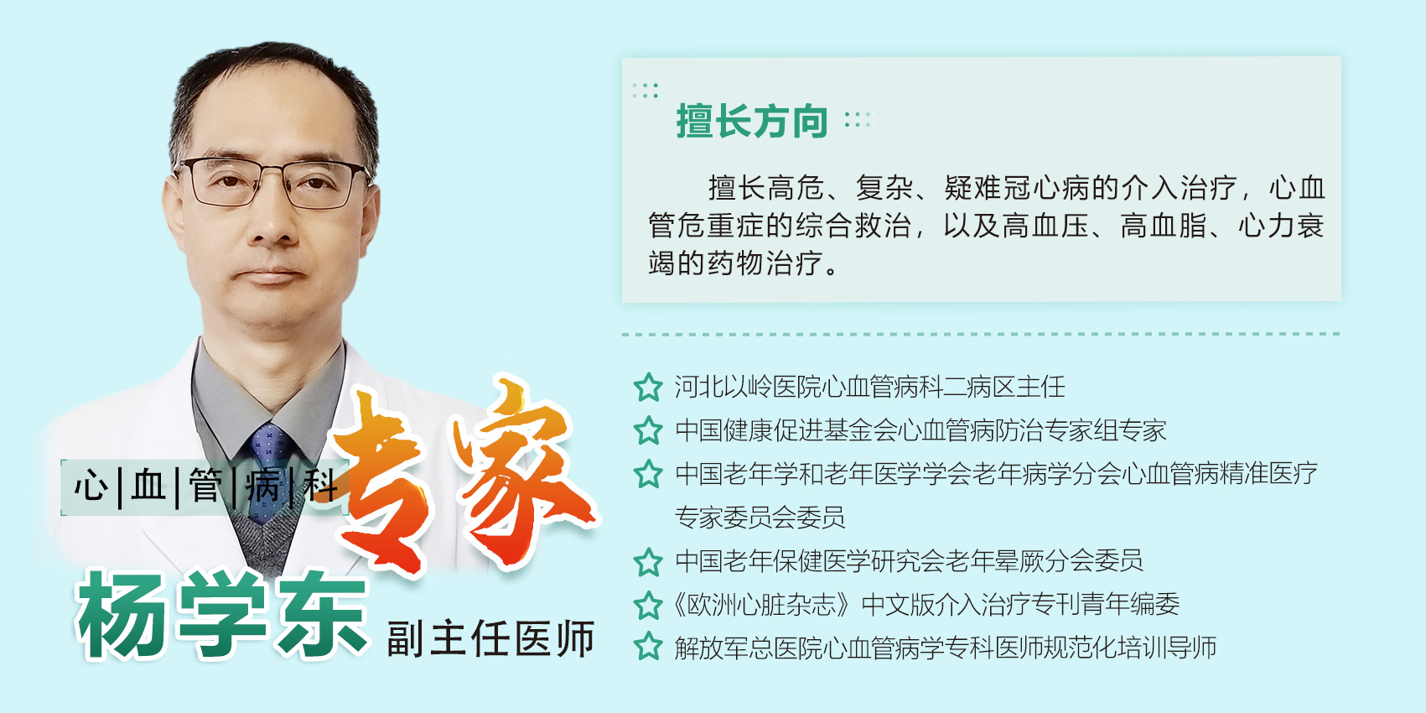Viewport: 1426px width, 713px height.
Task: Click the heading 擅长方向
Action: coord(752,121)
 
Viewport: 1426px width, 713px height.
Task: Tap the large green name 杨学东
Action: coord(222,614)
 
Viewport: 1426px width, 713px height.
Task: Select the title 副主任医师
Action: coord(490,638)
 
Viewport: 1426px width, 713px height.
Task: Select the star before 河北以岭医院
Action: coord(648,388)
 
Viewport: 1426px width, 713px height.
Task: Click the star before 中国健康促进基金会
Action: coord(648,430)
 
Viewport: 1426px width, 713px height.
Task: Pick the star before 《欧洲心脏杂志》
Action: coord(648,605)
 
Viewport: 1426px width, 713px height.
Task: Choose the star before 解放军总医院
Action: coord(648,648)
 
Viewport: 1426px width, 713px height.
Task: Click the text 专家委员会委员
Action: coord(760,518)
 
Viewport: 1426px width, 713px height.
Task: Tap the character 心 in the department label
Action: coord(91,487)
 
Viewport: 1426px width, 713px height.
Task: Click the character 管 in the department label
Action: coord(205,487)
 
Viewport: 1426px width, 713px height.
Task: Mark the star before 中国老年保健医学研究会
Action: coord(648,561)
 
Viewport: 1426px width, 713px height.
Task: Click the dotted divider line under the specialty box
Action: coord(981,334)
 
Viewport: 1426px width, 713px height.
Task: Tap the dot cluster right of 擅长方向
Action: coord(861,120)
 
